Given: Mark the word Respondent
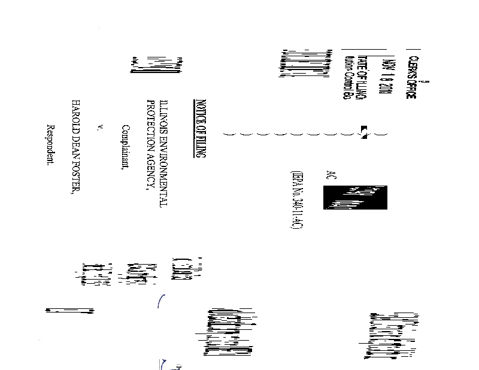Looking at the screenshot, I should (51, 145).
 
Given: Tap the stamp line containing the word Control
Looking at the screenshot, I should (345, 77).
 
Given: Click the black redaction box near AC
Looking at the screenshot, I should (355, 198).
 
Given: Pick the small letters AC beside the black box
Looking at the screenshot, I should (328, 175).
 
